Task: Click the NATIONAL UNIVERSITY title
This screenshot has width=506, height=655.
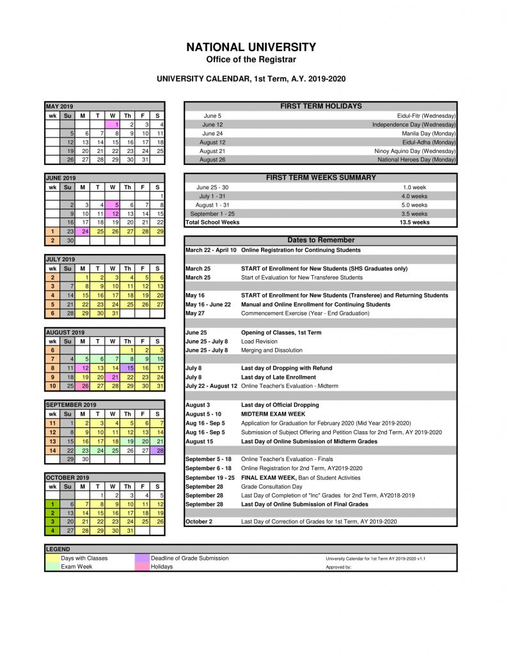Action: point(251,47)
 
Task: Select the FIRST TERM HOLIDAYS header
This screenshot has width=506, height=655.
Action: point(320,106)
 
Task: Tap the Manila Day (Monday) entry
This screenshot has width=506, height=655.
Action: point(429,133)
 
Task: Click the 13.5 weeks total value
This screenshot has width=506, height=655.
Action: point(415,223)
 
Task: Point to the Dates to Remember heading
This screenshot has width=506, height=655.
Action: point(320,240)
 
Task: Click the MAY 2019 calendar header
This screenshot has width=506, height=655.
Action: point(59,106)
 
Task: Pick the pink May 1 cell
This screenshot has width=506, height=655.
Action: point(113,124)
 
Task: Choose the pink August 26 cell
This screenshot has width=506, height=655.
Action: point(83,386)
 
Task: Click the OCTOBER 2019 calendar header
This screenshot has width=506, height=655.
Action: point(67,477)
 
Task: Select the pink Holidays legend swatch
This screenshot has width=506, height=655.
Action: point(142,567)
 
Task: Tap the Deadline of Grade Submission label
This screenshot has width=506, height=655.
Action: point(189,558)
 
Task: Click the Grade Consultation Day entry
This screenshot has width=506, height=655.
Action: point(272,487)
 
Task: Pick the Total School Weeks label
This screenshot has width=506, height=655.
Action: point(212,223)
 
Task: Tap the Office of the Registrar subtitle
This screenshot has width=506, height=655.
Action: point(251,59)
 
